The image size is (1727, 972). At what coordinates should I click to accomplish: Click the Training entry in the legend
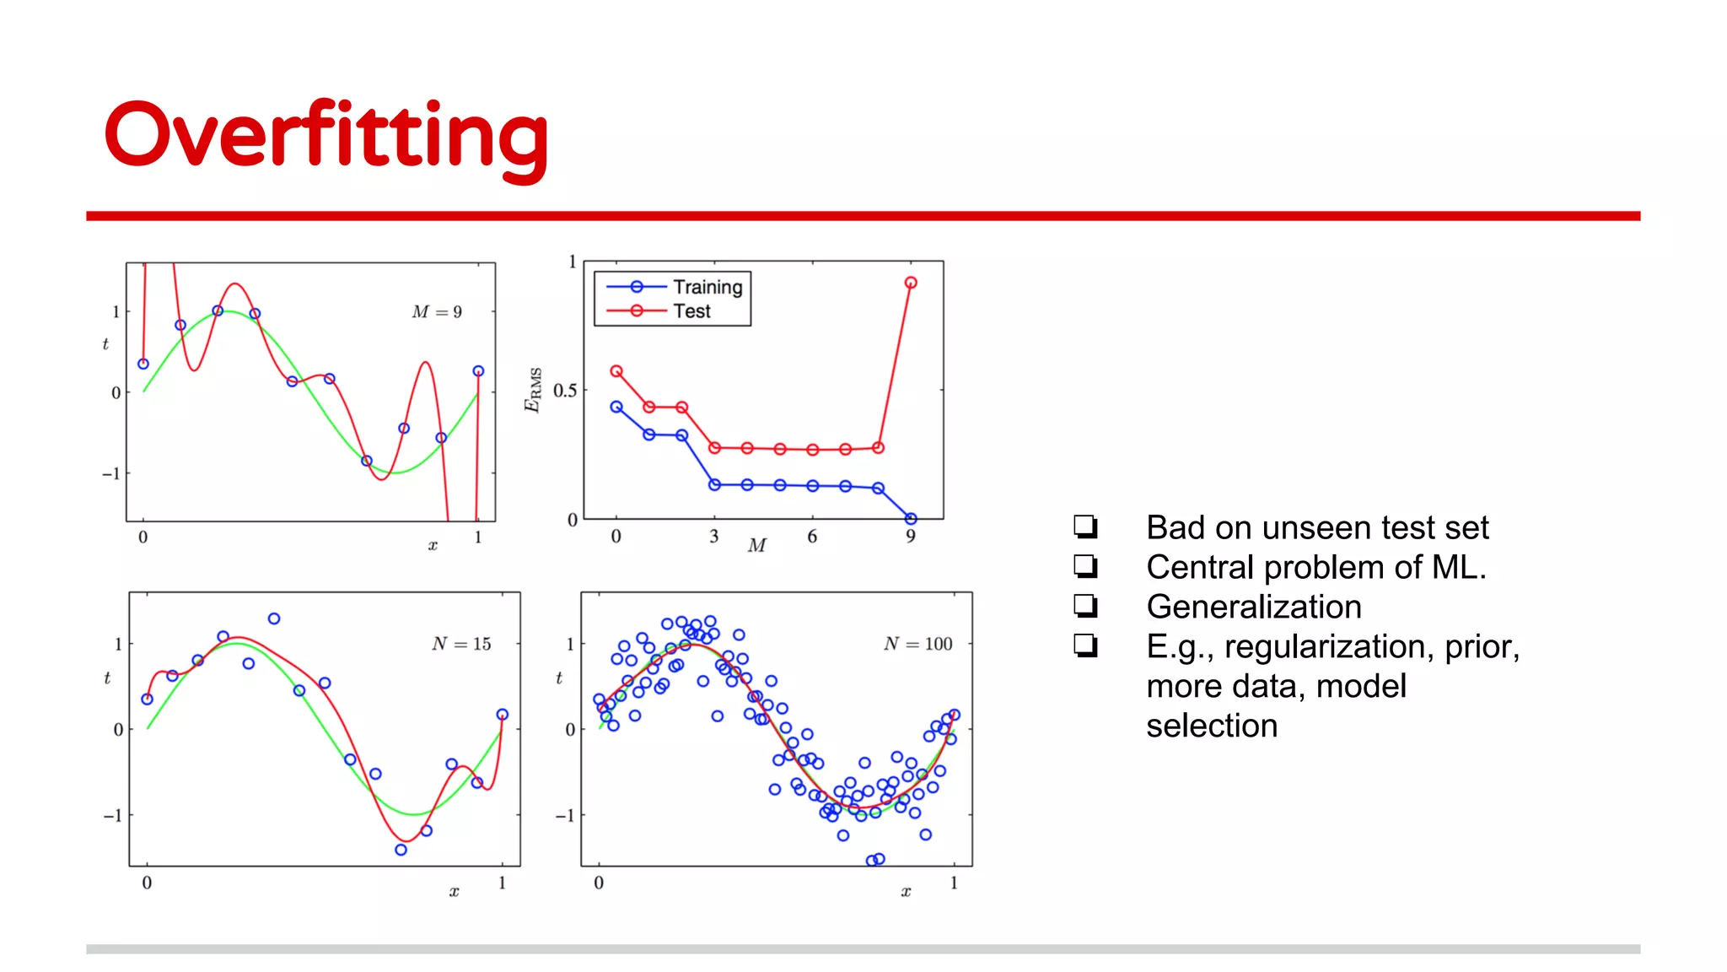coord(707,287)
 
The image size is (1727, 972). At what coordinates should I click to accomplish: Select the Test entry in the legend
coord(691,311)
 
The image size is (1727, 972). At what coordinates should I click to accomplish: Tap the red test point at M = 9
coord(911,283)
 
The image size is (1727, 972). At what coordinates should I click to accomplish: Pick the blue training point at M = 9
coord(911,518)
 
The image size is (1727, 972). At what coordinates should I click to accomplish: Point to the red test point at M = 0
coord(616,371)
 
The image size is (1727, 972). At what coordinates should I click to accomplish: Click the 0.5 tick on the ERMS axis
coord(565,391)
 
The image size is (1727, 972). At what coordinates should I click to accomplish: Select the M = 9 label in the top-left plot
coord(437,312)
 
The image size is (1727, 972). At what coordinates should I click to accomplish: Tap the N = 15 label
coord(461,644)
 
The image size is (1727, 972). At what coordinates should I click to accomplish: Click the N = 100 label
coord(917,644)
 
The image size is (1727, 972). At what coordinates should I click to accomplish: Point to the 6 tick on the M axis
coord(812,537)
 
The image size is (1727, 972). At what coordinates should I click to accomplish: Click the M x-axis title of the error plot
coord(756,546)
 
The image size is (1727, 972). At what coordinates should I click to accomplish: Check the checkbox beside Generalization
coord(1085,606)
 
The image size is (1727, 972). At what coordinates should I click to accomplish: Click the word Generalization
coord(1253,607)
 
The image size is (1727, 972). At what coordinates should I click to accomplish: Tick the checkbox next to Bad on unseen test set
coord(1085,526)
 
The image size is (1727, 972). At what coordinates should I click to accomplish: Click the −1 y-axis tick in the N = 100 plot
coord(565,815)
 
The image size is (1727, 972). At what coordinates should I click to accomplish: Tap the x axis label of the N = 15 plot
coord(454,892)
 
